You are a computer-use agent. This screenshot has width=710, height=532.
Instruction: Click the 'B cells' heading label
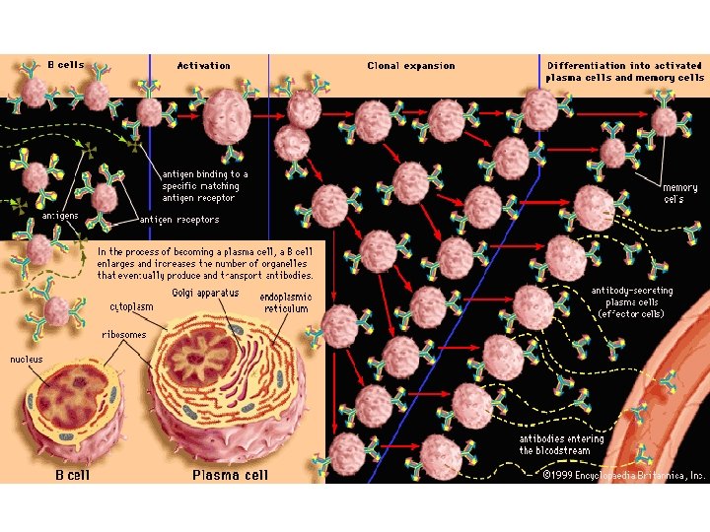click(x=66, y=65)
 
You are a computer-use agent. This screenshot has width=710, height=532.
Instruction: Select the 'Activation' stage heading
click(x=203, y=66)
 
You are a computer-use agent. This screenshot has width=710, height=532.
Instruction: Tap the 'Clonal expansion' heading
click(x=410, y=66)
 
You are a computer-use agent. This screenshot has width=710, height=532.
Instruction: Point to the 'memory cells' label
click(x=679, y=193)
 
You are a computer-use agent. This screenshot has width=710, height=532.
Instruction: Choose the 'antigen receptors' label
click(x=179, y=220)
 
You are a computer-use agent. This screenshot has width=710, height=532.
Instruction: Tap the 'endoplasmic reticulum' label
click(x=286, y=301)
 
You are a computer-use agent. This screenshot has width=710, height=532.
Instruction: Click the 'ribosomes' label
click(x=123, y=334)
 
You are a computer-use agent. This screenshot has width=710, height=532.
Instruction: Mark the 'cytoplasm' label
click(x=130, y=306)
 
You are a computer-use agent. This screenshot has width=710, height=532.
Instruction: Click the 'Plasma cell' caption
click(x=229, y=475)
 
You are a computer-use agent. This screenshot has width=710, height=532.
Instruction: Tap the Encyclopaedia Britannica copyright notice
click(x=623, y=475)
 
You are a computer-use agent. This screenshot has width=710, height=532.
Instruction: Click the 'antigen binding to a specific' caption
click(x=204, y=186)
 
